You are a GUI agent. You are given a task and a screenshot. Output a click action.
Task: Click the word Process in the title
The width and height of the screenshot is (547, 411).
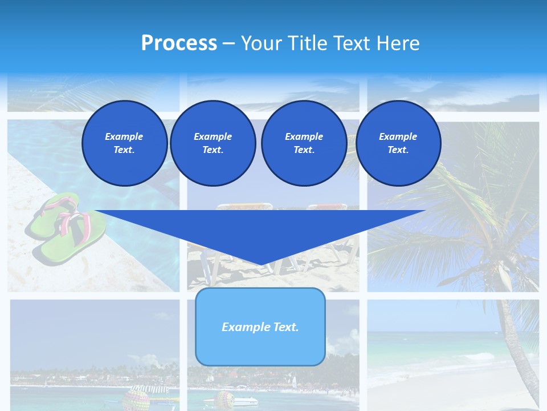point(179,43)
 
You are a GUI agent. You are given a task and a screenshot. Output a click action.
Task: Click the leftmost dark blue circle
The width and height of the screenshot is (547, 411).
point(124,143)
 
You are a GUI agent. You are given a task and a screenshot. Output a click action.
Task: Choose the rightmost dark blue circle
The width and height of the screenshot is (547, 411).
point(398,143)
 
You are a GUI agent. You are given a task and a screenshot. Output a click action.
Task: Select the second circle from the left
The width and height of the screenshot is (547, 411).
point(213,143)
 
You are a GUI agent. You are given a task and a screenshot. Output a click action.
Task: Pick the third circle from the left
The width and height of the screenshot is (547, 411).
point(304,143)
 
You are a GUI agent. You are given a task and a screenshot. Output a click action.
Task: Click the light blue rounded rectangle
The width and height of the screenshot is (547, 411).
point(260,327)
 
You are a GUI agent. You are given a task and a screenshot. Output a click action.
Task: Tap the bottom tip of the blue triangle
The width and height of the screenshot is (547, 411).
point(262,264)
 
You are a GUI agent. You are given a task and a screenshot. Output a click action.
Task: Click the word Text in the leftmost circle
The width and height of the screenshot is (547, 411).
point(124,150)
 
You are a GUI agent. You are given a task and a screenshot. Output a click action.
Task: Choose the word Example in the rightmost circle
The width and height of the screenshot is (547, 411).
point(398,136)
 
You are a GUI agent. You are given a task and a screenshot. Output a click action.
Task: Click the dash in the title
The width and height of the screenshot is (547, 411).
point(228,43)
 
